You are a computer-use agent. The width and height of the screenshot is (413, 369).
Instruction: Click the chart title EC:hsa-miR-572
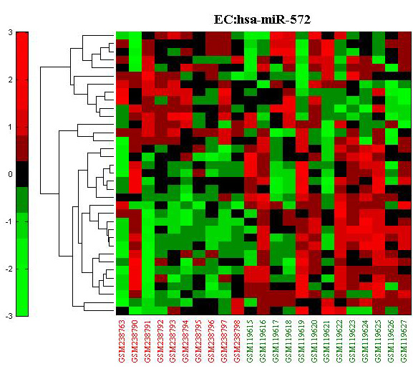tap(262, 19)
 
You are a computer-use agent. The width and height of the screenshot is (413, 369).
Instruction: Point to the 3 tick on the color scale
tap(10, 32)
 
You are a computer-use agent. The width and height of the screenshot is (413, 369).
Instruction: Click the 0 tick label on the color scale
tap(10, 174)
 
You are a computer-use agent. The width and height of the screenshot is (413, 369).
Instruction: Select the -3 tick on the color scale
tap(9, 316)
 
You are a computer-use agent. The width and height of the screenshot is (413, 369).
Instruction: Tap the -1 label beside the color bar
tap(9, 221)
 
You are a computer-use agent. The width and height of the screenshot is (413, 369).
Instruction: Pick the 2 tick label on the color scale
tap(10, 80)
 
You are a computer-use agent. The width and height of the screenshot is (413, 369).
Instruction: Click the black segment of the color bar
tap(22, 174)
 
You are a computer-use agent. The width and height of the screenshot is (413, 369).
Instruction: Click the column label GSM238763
tap(122, 341)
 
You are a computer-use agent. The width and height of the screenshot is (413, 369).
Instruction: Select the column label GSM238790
tap(135, 341)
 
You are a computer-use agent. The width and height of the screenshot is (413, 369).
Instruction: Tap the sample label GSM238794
tap(186, 341)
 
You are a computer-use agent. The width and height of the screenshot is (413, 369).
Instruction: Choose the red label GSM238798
tap(238, 341)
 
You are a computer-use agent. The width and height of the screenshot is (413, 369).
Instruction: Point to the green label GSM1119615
tap(251, 341)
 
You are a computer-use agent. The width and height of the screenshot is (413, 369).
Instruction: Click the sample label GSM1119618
tap(288, 341)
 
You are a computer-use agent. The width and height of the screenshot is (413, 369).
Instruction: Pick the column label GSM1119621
tap(327, 341)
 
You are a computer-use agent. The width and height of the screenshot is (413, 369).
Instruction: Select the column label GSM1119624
tap(366, 341)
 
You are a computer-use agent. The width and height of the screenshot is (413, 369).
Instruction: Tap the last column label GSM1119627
tap(404, 341)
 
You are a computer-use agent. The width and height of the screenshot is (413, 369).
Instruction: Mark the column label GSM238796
tap(212, 341)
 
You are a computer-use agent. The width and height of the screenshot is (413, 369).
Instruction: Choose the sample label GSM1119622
tap(340, 341)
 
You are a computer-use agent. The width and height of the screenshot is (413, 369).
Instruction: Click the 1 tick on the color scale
tap(10, 127)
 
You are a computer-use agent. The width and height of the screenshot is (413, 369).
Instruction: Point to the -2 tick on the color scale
tap(9, 269)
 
